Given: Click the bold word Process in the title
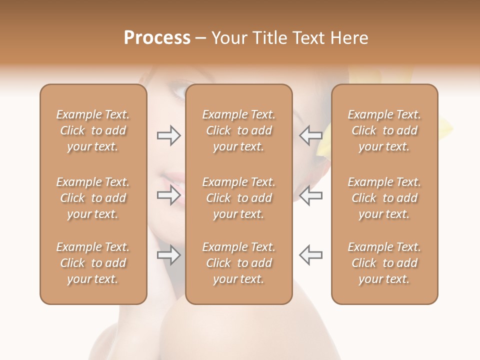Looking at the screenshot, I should [157, 38].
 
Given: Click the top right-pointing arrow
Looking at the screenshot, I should [168, 135].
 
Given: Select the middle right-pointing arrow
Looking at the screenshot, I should [168, 195].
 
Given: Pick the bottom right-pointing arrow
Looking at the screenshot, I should [168, 255].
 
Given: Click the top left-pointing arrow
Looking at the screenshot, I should [310, 135].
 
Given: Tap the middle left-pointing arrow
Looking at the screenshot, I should [310, 195].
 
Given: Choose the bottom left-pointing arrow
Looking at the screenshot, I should [310, 255].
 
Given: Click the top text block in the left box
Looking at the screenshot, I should [93, 130].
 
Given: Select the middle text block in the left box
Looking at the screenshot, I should [93, 198].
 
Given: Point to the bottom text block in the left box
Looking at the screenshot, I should [93, 263].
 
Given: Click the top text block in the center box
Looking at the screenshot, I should [239, 130].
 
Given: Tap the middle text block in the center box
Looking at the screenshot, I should [239, 198].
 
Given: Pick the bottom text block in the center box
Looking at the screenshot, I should [239, 263].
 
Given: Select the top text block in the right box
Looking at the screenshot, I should [384, 130].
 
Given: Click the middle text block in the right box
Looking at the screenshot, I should [384, 198].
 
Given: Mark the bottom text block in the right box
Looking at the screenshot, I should [384, 263].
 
